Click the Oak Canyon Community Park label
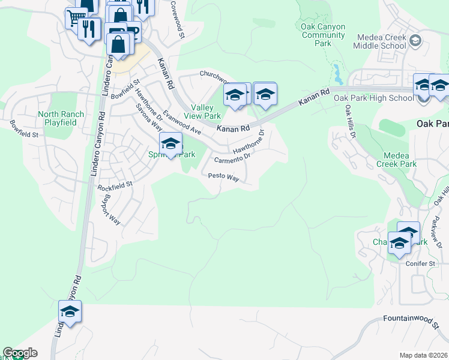click(323, 35)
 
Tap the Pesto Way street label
click(223, 178)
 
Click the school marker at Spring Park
click(170, 144)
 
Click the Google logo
click(20, 353)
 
